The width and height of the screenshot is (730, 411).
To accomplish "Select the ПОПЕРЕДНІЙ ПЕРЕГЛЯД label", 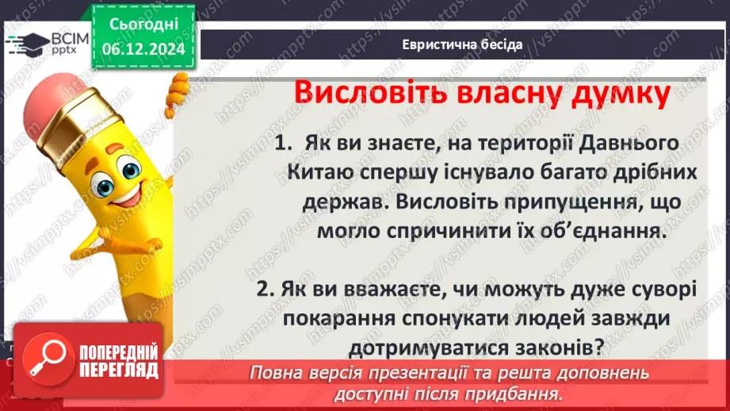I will click(x=111, y=359).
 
